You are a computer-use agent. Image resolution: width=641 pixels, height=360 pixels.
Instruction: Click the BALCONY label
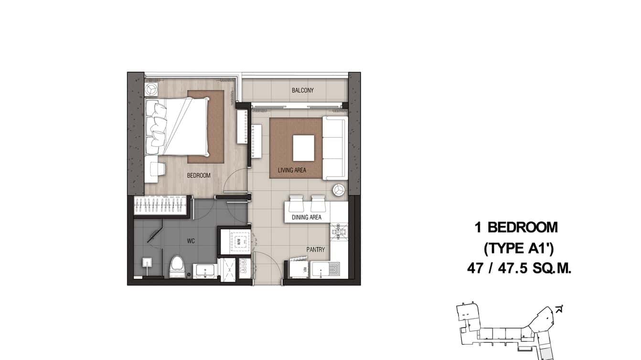coord(302,90)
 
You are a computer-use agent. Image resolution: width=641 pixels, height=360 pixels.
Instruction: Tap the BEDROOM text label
coord(199,175)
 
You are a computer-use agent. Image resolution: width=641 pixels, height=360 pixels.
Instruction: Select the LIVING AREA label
coord(292,170)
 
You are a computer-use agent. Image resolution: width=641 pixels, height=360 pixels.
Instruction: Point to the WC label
coord(191,241)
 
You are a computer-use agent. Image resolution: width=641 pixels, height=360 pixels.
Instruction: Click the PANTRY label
coord(316,249)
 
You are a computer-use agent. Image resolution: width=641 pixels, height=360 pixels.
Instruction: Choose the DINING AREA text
coord(306,217)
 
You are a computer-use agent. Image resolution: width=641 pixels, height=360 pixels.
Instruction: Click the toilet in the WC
coord(178,266)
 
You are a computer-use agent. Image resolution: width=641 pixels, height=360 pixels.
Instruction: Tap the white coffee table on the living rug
coord(303,148)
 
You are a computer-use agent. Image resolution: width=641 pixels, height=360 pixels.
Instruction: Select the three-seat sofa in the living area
coord(334,148)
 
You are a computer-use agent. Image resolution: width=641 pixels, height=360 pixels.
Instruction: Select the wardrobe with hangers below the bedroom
coord(160,206)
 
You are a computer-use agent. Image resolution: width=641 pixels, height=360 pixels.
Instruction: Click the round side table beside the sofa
coord(339,190)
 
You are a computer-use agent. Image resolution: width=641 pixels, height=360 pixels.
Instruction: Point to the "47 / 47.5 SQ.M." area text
coord(519,269)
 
